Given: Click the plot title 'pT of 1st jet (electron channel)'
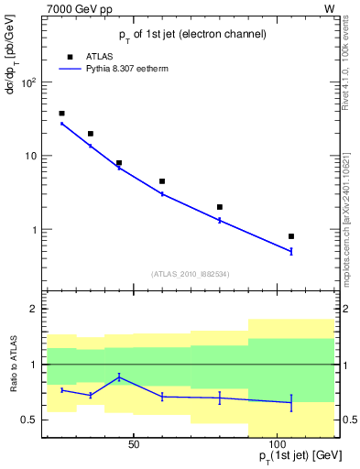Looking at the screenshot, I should click(192, 35).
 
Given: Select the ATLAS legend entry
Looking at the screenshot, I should click(98, 56).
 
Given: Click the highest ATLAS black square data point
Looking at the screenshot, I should click(61, 114).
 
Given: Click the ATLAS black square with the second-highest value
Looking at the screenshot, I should click(90, 134).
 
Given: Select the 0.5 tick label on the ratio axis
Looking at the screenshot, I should click(27, 420).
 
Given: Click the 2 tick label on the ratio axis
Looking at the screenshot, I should click(32, 310).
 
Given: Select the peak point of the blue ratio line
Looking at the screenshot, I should click(119, 376).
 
